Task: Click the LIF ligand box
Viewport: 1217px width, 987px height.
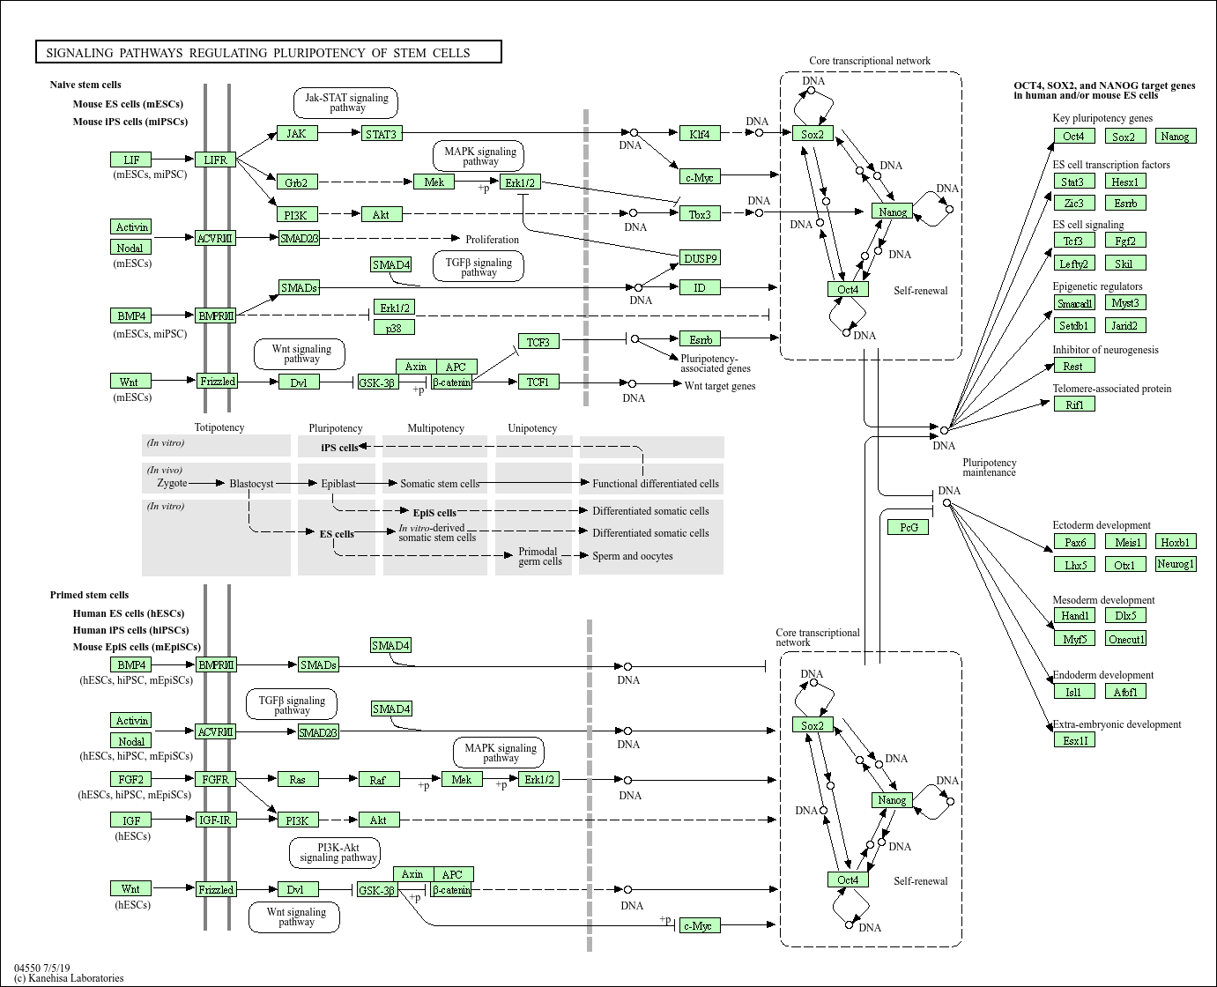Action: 131,160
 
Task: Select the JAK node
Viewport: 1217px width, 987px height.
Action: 297,134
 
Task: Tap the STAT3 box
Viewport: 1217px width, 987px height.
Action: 381,134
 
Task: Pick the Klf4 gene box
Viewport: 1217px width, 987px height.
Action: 700,134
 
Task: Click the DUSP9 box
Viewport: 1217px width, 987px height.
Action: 701,258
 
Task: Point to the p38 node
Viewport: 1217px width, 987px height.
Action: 394,328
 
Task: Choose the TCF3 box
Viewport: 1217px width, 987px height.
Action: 538,342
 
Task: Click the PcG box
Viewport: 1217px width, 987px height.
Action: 909,527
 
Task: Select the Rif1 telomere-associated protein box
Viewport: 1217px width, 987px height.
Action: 1074,404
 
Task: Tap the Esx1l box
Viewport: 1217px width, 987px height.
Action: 1075,740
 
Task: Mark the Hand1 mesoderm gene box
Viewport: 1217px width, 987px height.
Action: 1074,616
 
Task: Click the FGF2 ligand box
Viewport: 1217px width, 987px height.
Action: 131,779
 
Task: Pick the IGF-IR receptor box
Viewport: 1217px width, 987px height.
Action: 215,820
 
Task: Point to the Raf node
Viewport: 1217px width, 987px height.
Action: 378,780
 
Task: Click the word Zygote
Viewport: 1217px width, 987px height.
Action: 172,483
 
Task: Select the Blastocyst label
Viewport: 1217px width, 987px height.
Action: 251,484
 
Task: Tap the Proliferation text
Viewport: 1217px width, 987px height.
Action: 492,240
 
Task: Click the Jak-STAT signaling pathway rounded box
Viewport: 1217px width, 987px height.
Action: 345,103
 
